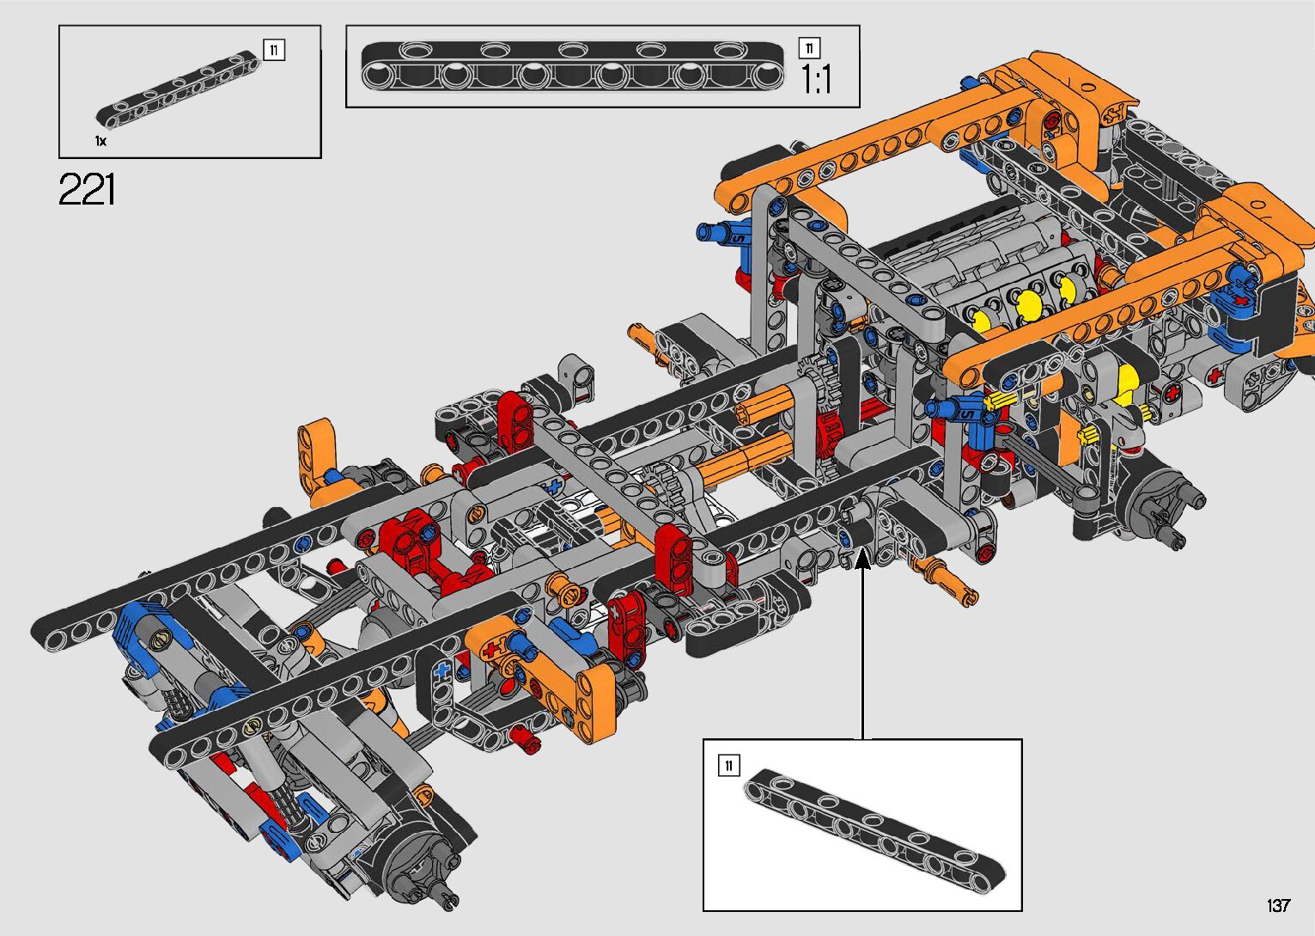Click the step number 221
[87, 189]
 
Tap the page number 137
[1278, 905]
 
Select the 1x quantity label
[100, 141]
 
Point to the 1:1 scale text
[817, 79]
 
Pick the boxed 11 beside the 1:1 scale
[809, 48]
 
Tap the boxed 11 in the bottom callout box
[728, 765]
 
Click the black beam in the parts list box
[177, 89]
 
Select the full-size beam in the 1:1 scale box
[572, 66]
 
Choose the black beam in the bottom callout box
[874, 831]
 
